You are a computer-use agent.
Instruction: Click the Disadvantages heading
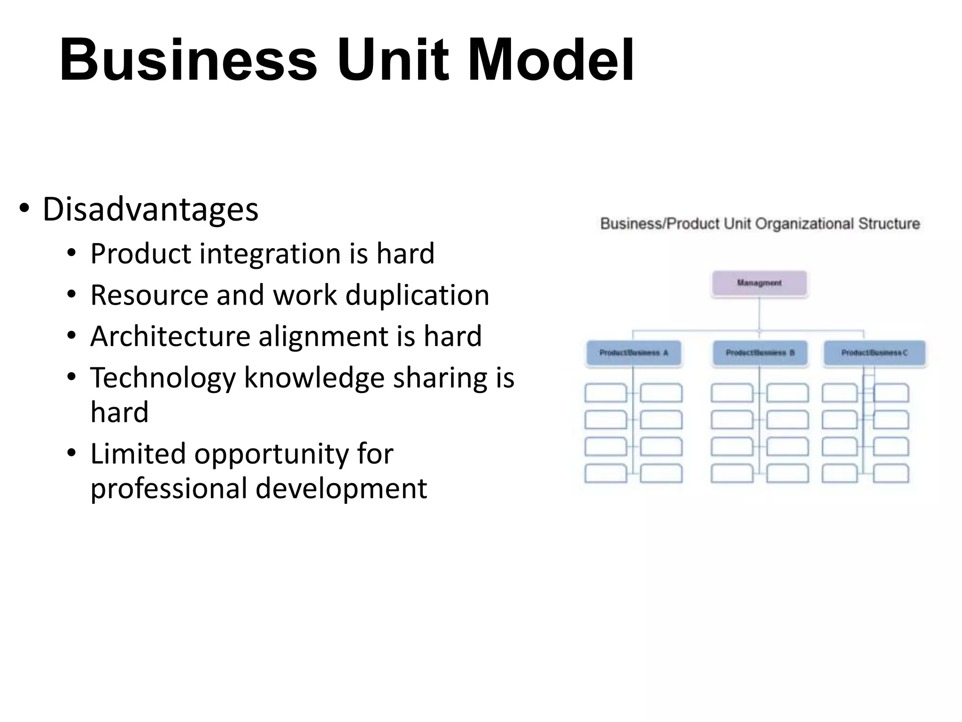(150, 209)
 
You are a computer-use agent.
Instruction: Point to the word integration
(271, 254)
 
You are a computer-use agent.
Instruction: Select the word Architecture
(170, 337)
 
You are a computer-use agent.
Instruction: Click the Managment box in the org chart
(759, 283)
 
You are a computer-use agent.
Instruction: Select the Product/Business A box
(633, 353)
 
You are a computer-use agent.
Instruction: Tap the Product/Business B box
(760, 353)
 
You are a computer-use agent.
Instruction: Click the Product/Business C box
(874, 353)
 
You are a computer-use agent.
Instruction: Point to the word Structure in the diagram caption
(889, 224)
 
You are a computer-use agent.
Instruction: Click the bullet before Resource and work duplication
(71, 295)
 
